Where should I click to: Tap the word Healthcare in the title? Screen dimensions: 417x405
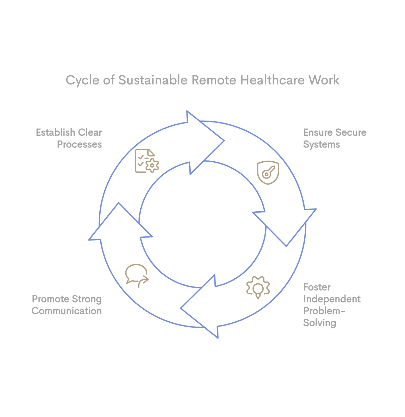[272, 80]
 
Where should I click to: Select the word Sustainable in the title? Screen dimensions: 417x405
[153, 80]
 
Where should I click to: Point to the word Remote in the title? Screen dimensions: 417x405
[214, 80]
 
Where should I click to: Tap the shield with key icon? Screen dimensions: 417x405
[268, 173]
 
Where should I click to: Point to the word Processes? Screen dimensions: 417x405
[79, 144]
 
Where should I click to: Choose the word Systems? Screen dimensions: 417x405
[321, 144]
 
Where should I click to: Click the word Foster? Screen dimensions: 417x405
[317, 287]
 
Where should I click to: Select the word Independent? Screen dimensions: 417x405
[332, 299]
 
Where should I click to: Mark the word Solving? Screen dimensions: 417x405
[319, 323]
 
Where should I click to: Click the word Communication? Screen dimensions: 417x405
[67, 311]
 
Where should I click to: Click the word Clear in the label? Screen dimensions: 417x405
[90, 132]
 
